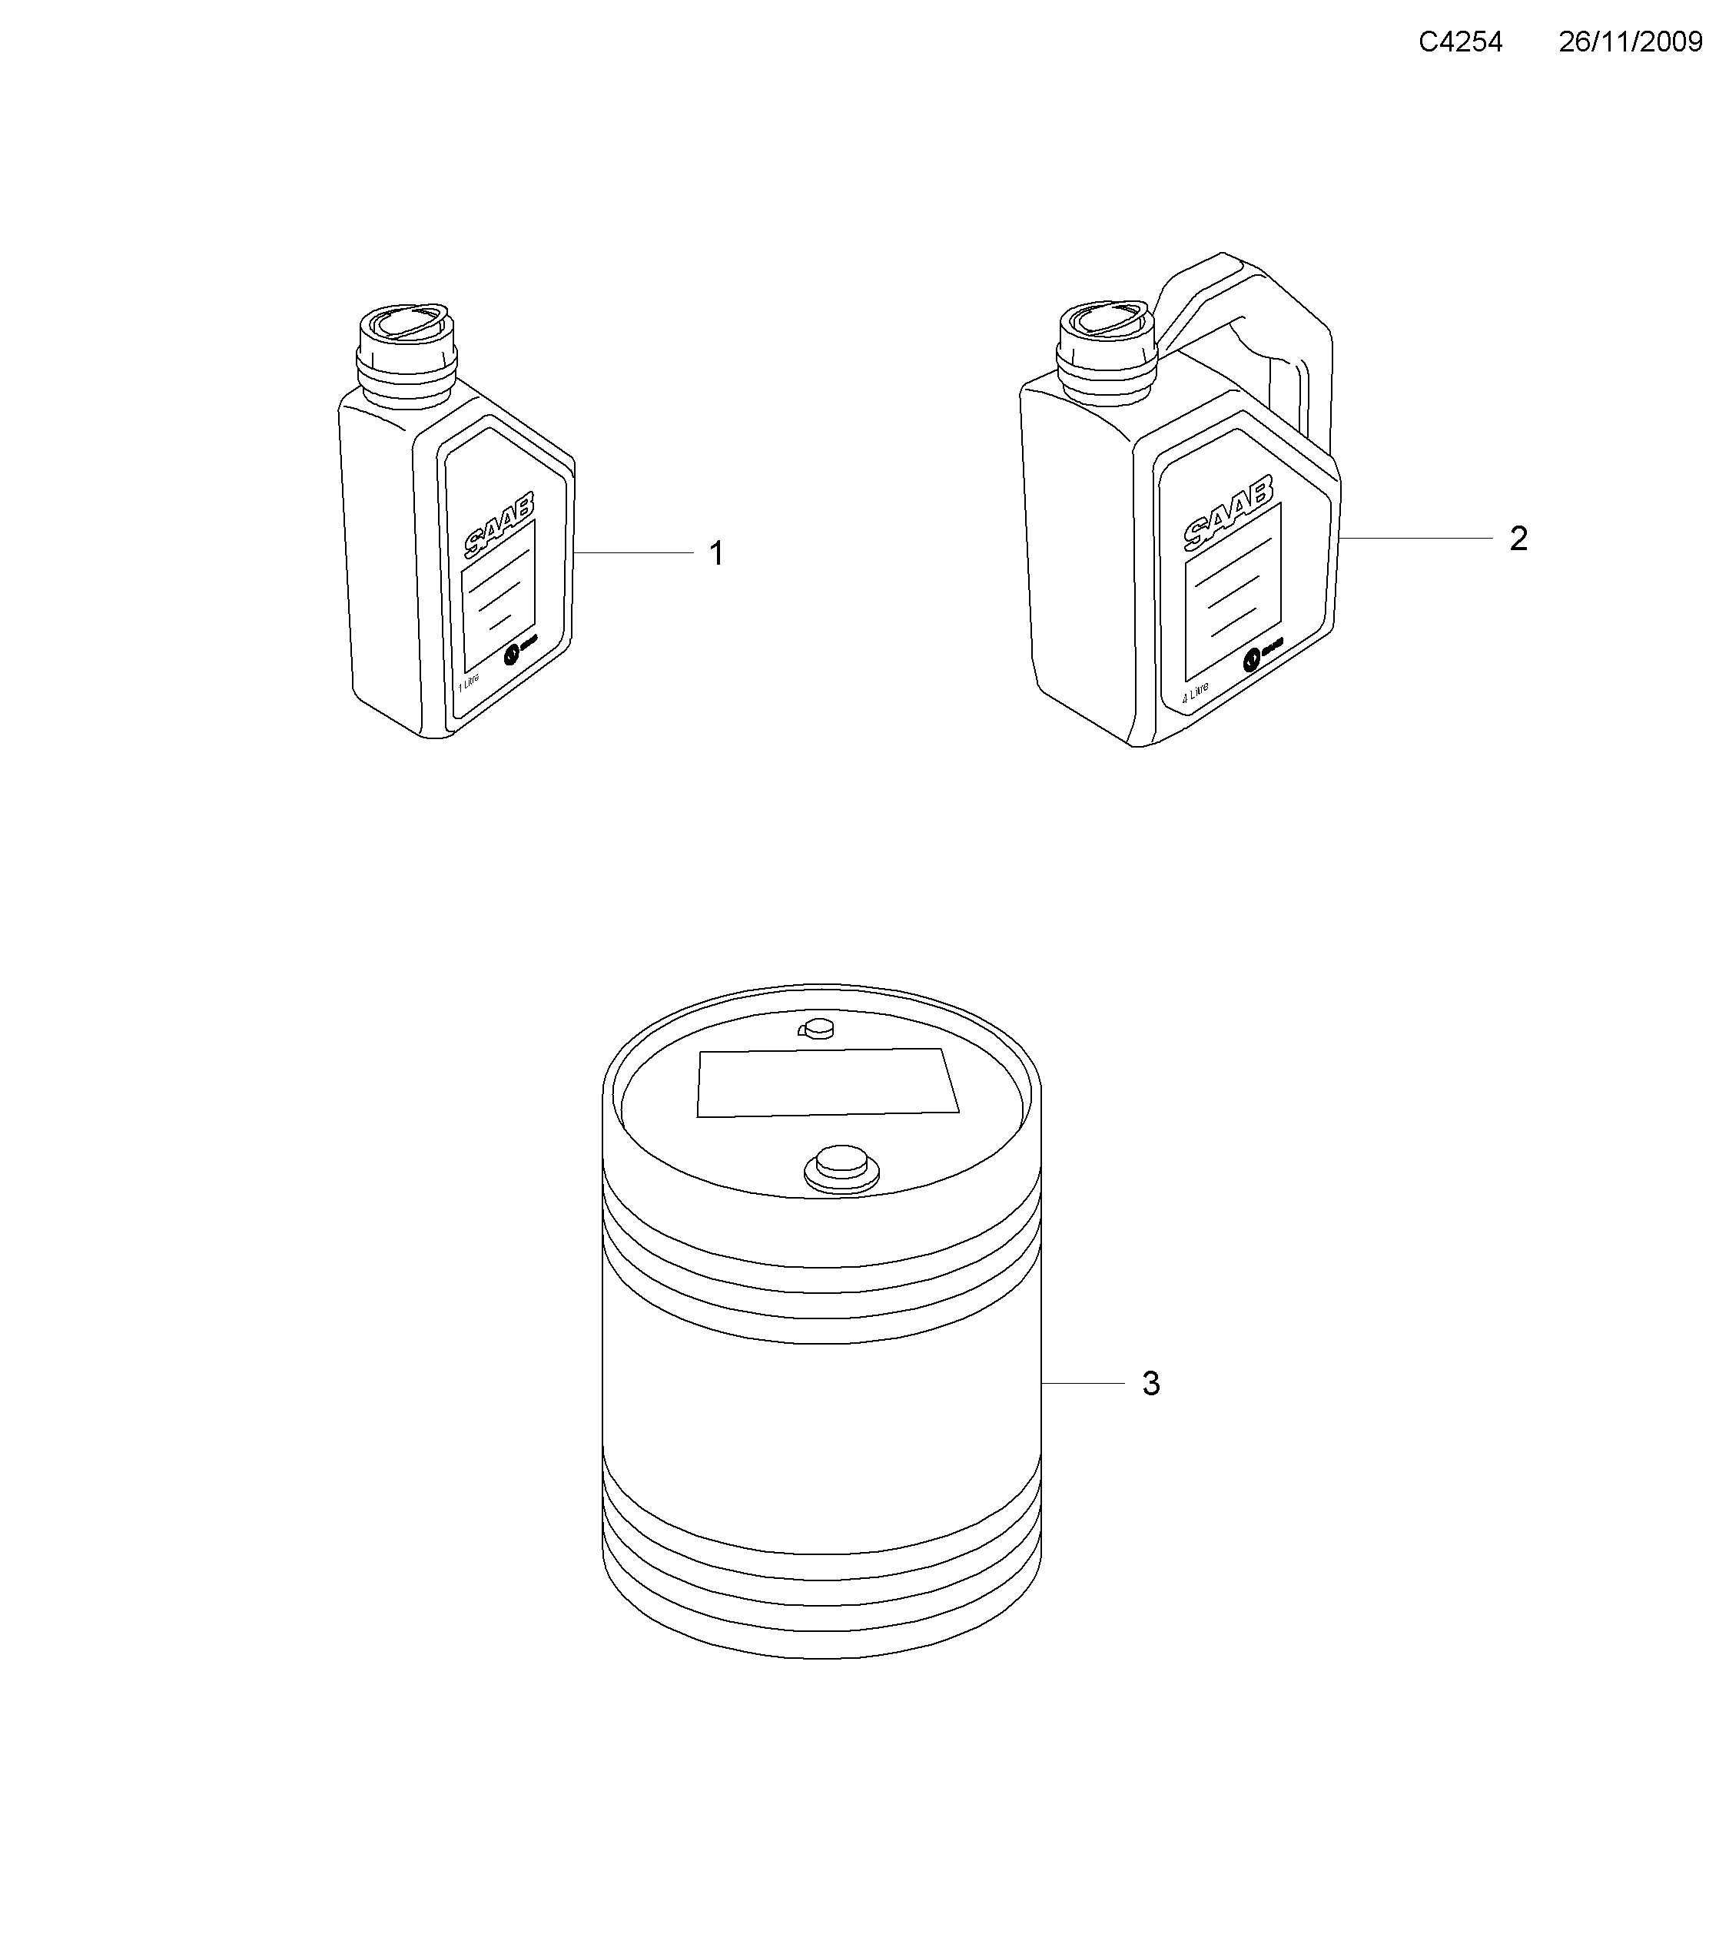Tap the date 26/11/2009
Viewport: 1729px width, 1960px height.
pos(1630,42)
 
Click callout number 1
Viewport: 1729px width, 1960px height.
pos(715,554)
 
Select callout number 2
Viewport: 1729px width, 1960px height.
pos(1518,539)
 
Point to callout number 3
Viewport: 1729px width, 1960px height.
pos(1151,1384)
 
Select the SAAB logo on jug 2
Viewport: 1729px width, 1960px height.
pos(1229,512)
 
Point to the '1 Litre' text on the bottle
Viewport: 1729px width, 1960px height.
pos(468,683)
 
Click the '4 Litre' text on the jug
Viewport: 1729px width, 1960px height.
pos(1195,692)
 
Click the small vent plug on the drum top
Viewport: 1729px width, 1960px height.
pos(817,1030)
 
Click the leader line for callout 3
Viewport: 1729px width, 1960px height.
pos(1084,1384)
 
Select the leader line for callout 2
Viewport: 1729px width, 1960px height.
pos(1415,539)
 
